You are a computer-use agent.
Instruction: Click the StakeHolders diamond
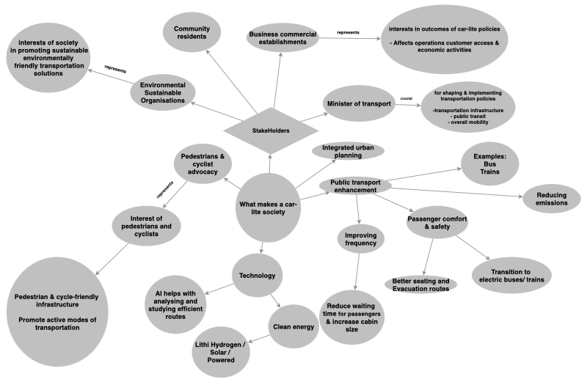(x=271, y=131)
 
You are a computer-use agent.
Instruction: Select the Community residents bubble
(x=192, y=32)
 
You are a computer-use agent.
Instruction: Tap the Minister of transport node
(x=359, y=103)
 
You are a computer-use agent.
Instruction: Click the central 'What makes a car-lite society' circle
(x=268, y=207)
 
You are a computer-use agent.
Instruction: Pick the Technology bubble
(x=258, y=276)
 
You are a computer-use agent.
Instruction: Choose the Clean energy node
(x=293, y=326)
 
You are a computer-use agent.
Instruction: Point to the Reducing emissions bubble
(x=552, y=199)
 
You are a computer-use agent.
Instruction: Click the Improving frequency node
(x=360, y=239)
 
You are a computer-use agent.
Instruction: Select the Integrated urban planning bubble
(x=348, y=151)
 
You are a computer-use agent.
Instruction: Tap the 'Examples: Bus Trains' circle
(x=489, y=164)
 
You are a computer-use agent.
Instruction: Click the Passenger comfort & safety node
(x=437, y=223)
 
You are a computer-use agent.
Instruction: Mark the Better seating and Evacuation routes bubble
(x=420, y=284)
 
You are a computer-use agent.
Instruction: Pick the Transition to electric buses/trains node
(x=511, y=276)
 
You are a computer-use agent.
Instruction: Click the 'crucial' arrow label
(x=406, y=99)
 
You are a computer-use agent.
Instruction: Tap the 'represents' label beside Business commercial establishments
(x=348, y=32)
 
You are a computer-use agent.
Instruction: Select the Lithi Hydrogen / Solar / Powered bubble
(x=221, y=352)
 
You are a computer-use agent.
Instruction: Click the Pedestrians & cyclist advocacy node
(x=203, y=164)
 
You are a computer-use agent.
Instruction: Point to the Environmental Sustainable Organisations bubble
(x=163, y=92)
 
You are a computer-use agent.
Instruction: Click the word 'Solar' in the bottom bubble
(x=219, y=352)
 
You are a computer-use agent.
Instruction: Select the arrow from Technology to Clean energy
(x=276, y=301)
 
